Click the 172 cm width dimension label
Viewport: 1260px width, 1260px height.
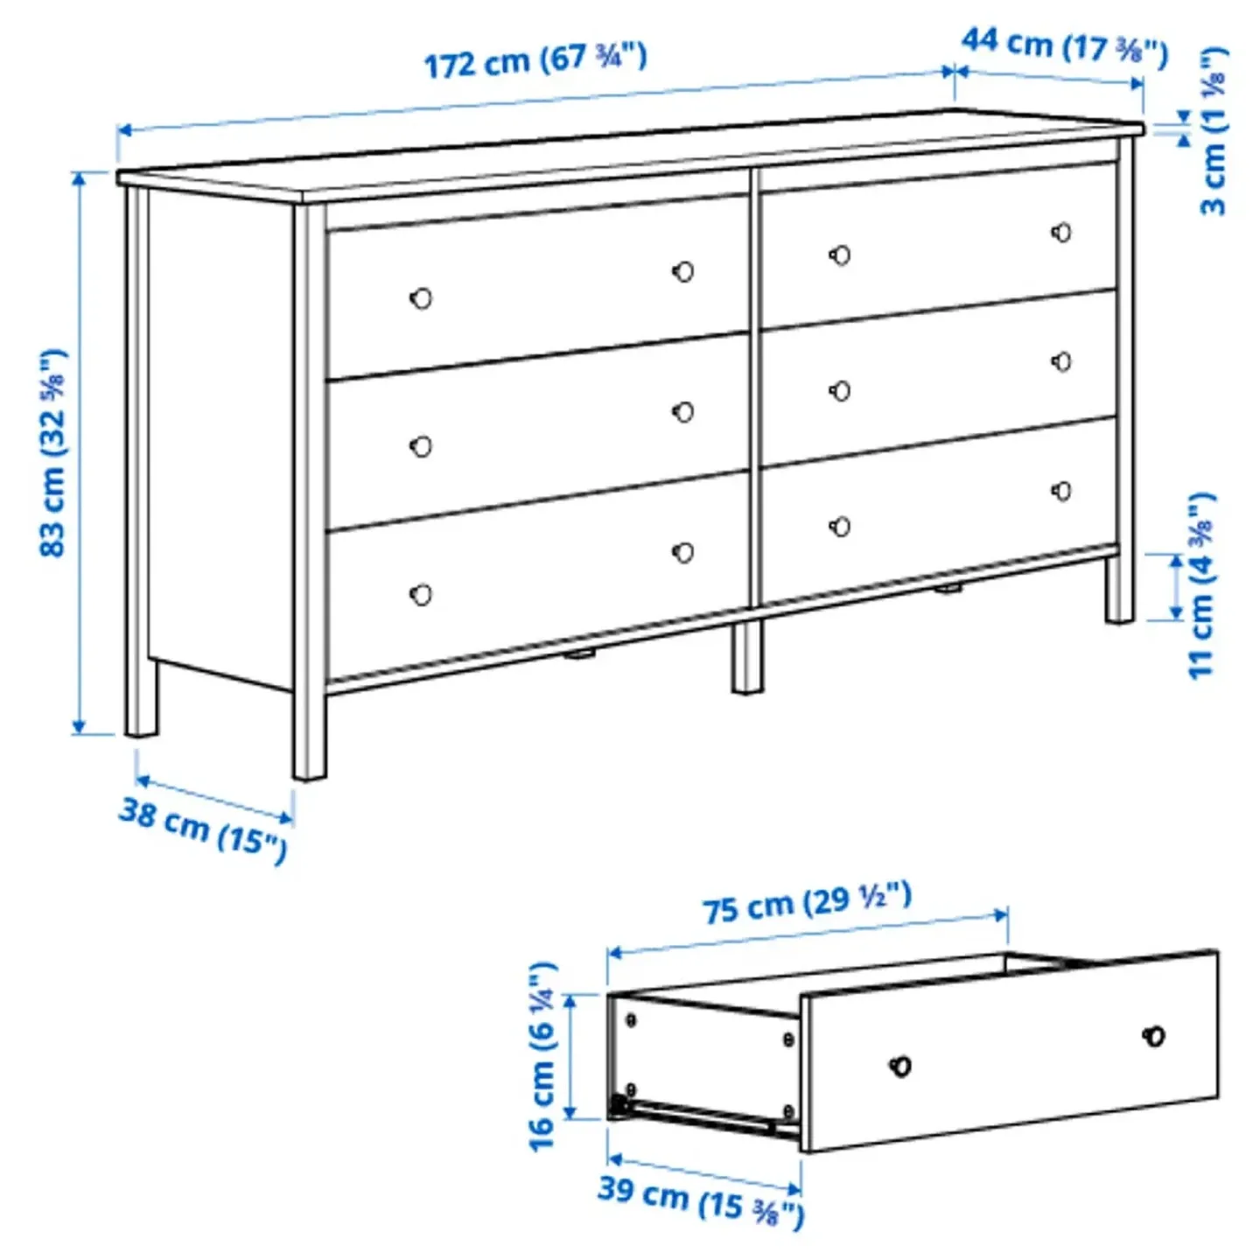[x=535, y=60]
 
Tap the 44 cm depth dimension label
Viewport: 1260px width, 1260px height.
[x=1064, y=45]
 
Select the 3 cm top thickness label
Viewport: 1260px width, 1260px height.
[x=1213, y=130]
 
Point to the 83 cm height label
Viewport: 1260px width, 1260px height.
[x=52, y=452]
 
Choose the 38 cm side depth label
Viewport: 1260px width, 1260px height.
[x=203, y=829]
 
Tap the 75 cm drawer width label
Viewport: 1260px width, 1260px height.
[x=807, y=902]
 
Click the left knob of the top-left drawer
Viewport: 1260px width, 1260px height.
[x=421, y=298]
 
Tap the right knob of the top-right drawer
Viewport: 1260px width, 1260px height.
[x=1062, y=233]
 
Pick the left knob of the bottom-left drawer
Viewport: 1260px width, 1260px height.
[x=421, y=595]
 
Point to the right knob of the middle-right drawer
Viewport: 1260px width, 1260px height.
[x=1062, y=361]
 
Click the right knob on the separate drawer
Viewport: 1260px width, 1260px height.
[x=1154, y=1037]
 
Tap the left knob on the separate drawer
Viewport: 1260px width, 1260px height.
[x=900, y=1066]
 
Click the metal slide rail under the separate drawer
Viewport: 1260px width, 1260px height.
[x=700, y=1116]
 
